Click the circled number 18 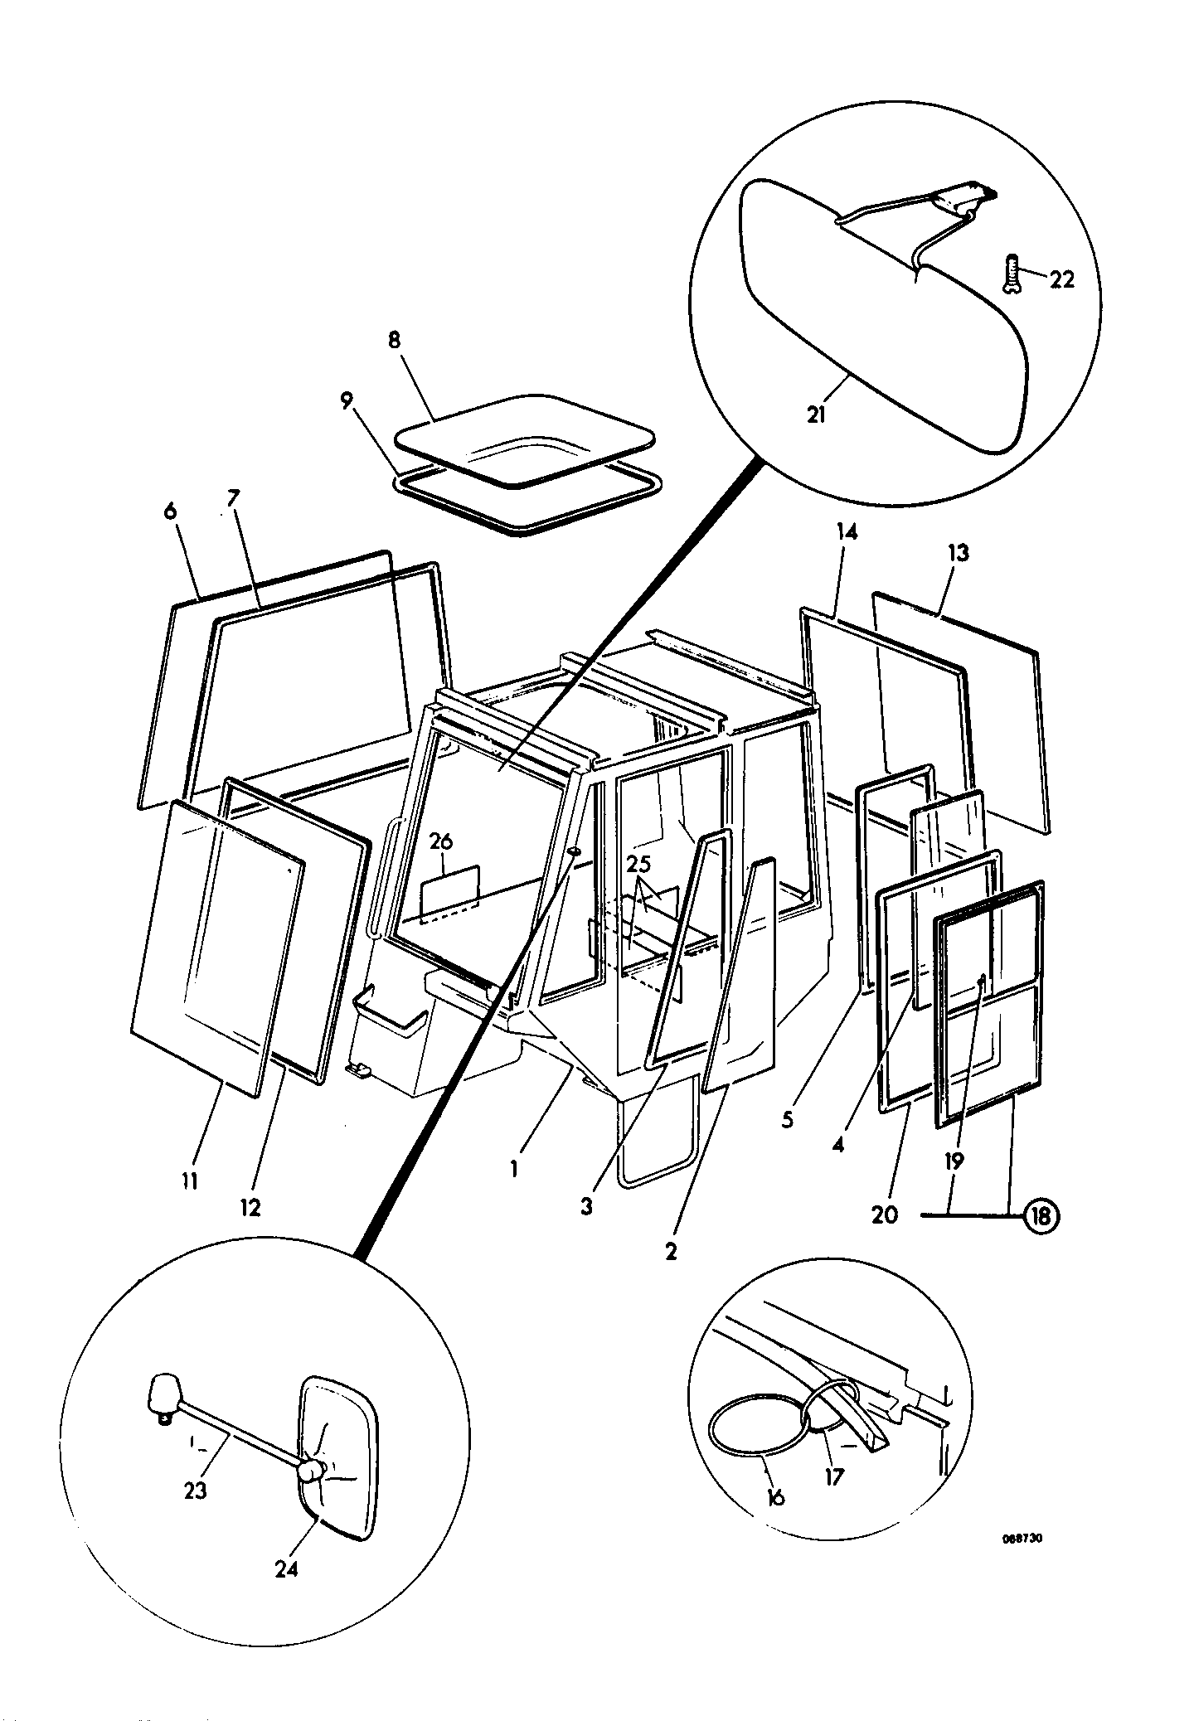pyautogui.click(x=1041, y=1216)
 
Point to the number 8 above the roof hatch pyautogui.click(x=394, y=340)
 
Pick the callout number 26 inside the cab pyautogui.click(x=442, y=841)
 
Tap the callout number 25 pyautogui.click(x=638, y=865)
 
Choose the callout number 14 pyautogui.click(x=847, y=531)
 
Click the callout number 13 pyautogui.click(x=958, y=553)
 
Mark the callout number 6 pyautogui.click(x=170, y=511)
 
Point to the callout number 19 pyautogui.click(x=954, y=1161)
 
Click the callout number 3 pyautogui.click(x=586, y=1207)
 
